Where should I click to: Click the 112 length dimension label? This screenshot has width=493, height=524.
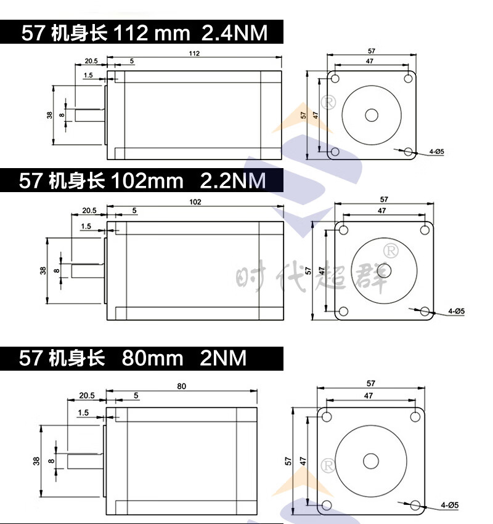pyautogui.click(x=194, y=54)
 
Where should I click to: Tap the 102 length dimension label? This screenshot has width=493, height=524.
pyautogui.click(x=195, y=202)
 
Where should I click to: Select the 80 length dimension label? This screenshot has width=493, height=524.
pyautogui.click(x=181, y=386)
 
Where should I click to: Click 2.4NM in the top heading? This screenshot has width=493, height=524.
pyautogui.click(x=234, y=33)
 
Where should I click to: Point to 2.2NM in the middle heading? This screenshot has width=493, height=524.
pyautogui.click(x=232, y=180)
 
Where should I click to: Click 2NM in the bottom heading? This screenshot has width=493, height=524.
pyautogui.click(x=222, y=358)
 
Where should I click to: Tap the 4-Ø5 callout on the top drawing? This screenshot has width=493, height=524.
pyautogui.click(x=436, y=151)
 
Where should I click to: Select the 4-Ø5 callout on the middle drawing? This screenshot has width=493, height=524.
pyautogui.click(x=457, y=311)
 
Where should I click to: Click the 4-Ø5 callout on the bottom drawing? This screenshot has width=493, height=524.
pyautogui.click(x=449, y=505)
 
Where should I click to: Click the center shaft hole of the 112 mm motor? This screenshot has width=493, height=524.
pyautogui.click(x=372, y=115)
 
